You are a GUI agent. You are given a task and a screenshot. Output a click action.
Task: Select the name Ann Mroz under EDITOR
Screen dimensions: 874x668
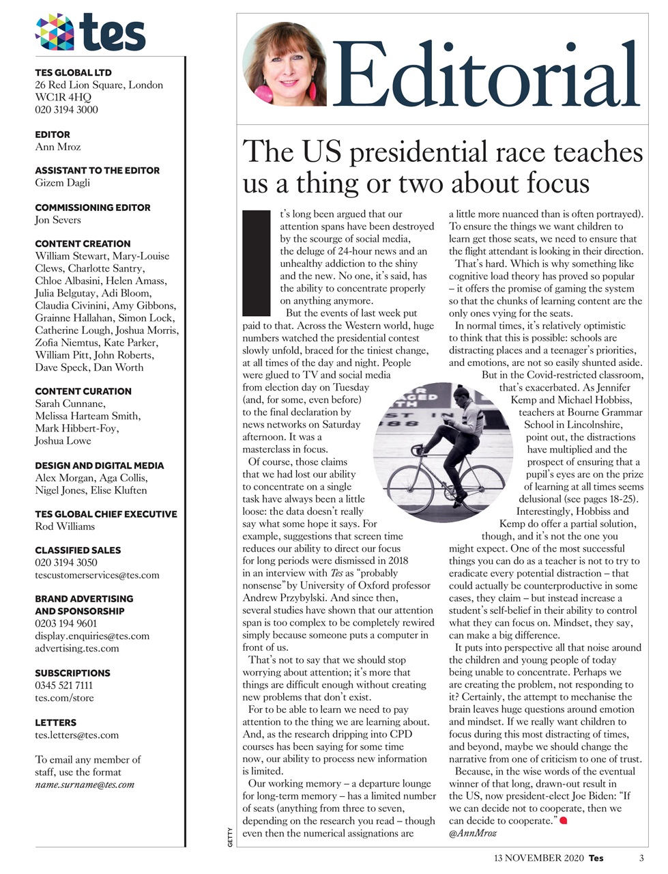tap(58, 147)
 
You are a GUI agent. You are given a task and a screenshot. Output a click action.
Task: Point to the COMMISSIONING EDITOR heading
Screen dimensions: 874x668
tap(93, 208)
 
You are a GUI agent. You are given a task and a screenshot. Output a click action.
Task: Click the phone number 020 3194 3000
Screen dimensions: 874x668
tap(66, 110)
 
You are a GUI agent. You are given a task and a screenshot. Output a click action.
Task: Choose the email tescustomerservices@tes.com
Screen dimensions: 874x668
tap(97, 575)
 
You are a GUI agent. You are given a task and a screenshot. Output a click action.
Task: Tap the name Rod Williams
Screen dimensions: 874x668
tap(65, 526)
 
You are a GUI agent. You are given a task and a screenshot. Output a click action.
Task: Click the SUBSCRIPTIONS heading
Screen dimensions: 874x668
tap(72, 673)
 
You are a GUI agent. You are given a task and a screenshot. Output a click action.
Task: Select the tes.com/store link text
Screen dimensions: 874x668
tap(65, 698)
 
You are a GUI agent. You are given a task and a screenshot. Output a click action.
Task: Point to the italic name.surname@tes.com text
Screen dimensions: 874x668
tap(85, 785)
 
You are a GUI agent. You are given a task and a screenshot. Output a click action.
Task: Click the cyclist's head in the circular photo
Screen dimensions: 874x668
tap(462, 394)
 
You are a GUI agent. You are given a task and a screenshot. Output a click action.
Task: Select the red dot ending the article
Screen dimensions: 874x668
tap(564, 821)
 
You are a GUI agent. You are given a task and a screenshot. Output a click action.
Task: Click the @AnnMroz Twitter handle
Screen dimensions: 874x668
tap(472, 834)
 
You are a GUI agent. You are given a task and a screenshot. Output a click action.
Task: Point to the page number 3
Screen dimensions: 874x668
tap(641, 858)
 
